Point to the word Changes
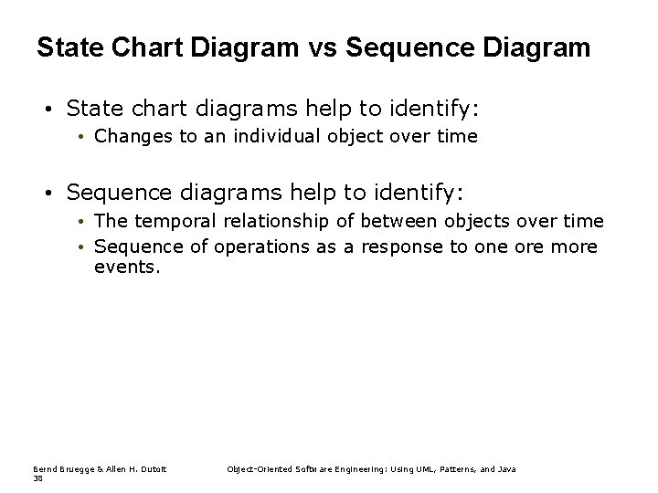126,137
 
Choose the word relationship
260,221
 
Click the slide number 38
37,477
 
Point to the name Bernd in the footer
44,469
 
